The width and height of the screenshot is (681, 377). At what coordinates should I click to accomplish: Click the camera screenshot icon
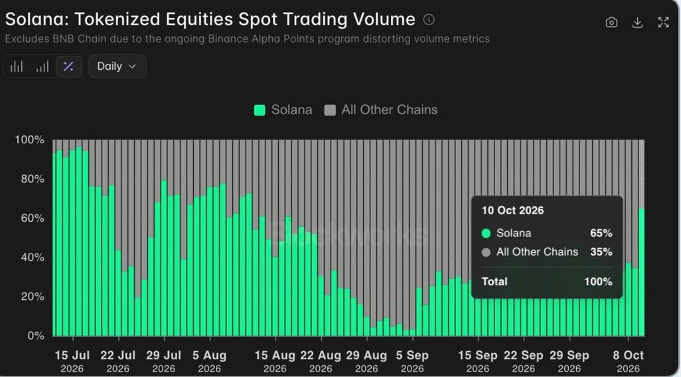click(x=611, y=23)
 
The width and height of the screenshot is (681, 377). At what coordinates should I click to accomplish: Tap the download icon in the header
click(x=637, y=23)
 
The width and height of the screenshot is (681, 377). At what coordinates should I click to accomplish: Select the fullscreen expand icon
click(x=663, y=23)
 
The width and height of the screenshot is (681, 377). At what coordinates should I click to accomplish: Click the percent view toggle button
click(x=68, y=66)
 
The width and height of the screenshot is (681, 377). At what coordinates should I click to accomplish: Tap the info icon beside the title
click(x=429, y=19)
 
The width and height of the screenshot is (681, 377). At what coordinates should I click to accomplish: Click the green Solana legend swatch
click(x=260, y=110)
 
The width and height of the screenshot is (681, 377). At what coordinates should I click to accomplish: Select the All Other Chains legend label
click(x=390, y=110)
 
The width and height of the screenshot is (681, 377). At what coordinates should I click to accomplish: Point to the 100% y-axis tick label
click(x=29, y=140)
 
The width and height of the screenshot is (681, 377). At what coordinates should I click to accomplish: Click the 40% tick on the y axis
click(x=33, y=257)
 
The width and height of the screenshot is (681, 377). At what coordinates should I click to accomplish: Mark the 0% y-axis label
click(x=35, y=336)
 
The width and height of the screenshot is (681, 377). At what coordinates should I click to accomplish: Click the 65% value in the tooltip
click(x=601, y=233)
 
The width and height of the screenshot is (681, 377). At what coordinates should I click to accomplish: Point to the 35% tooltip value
click(x=601, y=252)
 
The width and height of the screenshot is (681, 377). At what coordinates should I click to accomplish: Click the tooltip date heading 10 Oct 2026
click(x=512, y=210)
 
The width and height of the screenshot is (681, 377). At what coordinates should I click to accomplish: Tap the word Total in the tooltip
click(x=494, y=281)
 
